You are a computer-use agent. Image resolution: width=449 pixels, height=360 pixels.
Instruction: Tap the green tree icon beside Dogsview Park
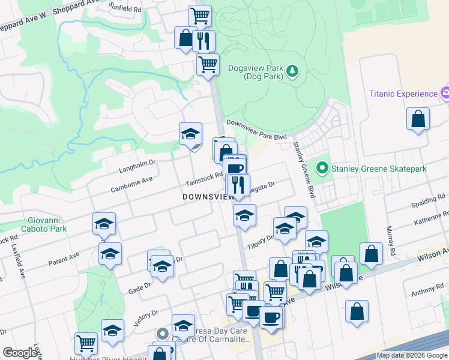[x=292, y=72]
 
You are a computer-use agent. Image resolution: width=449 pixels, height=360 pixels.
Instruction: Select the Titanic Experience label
[x=403, y=94]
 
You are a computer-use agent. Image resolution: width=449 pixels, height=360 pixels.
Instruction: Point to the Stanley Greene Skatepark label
[x=379, y=169]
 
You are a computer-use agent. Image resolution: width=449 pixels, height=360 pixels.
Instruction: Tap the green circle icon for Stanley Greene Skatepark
[x=323, y=169]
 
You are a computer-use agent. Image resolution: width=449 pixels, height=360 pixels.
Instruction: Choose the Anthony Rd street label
[x=427, y=292]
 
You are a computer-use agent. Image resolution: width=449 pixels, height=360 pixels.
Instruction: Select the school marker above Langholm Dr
[x=190, y=134]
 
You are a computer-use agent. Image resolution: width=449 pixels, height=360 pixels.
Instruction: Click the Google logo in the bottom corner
[x=20, y=353]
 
